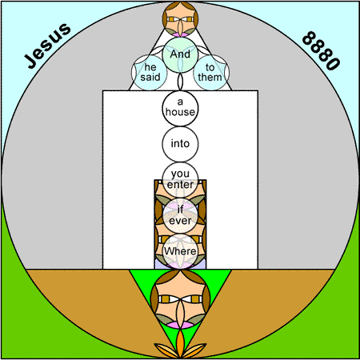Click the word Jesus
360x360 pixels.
click(47, 46)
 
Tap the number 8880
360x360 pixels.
click(321, 50)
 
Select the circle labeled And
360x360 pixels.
click(180, 54)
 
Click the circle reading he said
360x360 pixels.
click(150, 73)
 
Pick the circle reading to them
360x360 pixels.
click(210, 73)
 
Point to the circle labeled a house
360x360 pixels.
click(180, 108)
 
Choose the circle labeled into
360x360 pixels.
click(180, 144)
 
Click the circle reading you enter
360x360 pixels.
click(180, 180)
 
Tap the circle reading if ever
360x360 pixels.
click(180, 215)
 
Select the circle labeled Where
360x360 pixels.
click(180, 251)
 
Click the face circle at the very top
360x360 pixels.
click(180, 19)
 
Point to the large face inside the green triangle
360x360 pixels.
click(180, 299)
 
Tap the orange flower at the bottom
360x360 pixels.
click(180, 346)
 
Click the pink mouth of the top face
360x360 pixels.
click(180, 34)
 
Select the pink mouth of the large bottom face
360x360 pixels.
click(180, 325)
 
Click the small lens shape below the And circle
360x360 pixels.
click(180, 82)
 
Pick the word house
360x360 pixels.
click(180, 112)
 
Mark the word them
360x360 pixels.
click(210, 78)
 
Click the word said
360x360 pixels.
click(150, 78)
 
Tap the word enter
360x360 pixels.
click(180, 185)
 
